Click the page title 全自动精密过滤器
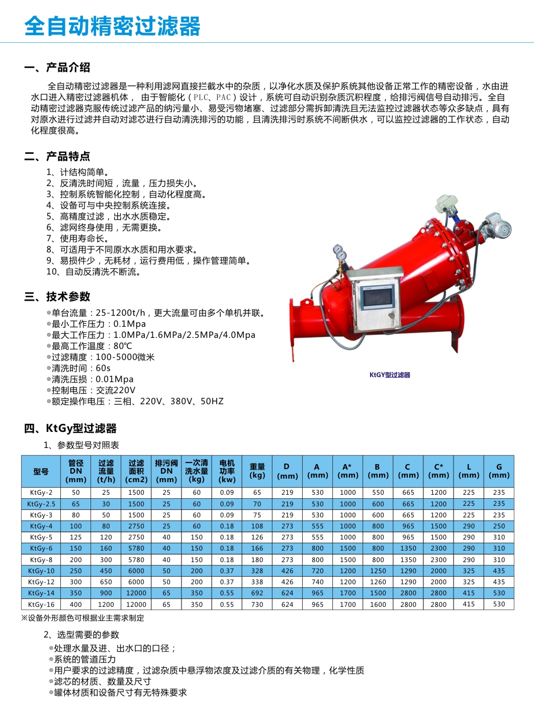pyautogui.click(x=112, y=26)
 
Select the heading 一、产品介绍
pyautogui.click(x=57, y=67)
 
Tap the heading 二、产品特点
pyautogui.click(x=57, y=156)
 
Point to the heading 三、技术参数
pyautogui.click(x=57, y=297)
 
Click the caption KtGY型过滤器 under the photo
pyautogui.click(x=390, y=375)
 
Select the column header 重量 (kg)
pyautogui.click(x=257, y=471)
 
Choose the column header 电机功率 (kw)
pyautogui.click(x=227, y=471)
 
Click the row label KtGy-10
pyautogui.click(x=41, y=571)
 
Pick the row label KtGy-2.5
pyautogui.click(x=41, y=504)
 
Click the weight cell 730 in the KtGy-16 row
pyautogui.click(x=257, y=604)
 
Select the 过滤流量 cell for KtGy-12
pyautogui.click(x=106, y=582)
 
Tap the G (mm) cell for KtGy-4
pyautogui.click(x=499, y=526)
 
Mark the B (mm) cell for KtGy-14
pyautogui.click(x=378, y=593)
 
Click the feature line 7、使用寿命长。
pyautogui.click(x=77, y=239)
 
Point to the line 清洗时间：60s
pyautogui.click(x=80, y=368)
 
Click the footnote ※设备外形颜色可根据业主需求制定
pyautogui.click(x=82, y=618)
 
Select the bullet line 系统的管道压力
pyautogui.click(x=84, y=660)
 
